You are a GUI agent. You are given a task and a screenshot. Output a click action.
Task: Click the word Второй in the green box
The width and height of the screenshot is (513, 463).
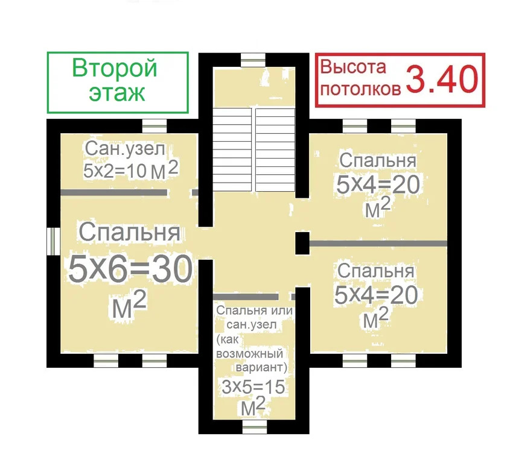115,68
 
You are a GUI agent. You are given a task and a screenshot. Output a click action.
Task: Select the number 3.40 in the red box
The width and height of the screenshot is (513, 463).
442,80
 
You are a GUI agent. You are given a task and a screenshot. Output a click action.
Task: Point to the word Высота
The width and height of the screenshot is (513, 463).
354,67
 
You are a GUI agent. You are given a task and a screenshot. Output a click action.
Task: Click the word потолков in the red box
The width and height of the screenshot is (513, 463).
360,90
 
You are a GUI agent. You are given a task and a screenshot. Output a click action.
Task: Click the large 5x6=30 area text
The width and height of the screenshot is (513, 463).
130,269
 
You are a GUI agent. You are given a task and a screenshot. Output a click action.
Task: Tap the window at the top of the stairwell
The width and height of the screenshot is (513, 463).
253,58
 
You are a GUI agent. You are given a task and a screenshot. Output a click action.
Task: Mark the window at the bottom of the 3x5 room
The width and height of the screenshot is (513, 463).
253,427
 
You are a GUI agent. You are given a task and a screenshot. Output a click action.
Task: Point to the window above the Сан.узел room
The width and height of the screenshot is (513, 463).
155,125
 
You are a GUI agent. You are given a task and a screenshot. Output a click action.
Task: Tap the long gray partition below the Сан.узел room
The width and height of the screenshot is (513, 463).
113,193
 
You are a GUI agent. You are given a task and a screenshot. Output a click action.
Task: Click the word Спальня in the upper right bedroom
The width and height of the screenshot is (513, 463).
377,162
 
